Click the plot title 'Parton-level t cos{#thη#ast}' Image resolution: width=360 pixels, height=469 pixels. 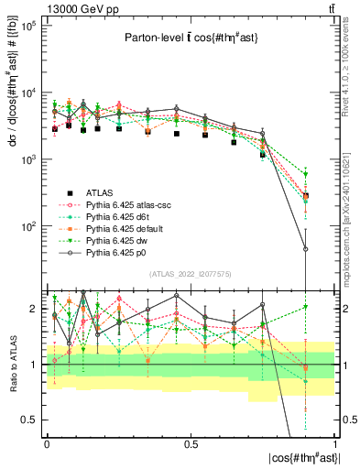[190, 38]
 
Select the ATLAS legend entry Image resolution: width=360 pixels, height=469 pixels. [100, 192]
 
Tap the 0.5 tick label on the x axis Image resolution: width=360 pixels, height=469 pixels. [191, 442]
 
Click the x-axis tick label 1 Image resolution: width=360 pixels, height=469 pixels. [335, 442]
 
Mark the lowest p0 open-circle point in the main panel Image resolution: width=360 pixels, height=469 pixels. [306, 249]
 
